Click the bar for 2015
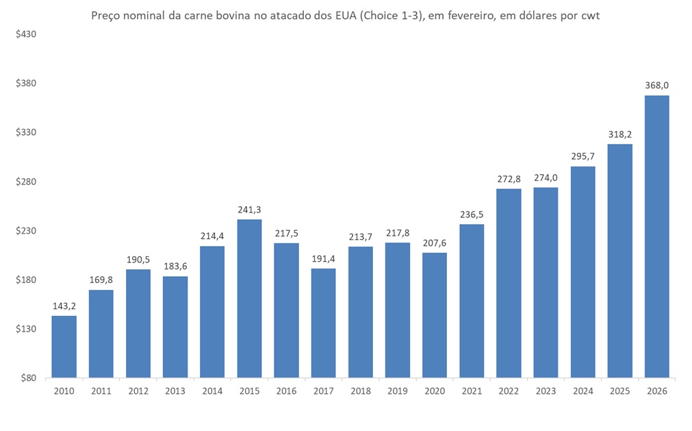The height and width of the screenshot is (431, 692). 249,298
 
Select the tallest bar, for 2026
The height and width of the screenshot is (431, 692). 656,236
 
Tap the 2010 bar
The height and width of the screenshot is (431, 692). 64,347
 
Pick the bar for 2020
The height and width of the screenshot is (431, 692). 435,315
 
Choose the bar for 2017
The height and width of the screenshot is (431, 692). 323,323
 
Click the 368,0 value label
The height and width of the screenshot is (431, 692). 656,86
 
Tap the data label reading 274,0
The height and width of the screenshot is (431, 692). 546,177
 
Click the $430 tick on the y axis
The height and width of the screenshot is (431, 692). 25,34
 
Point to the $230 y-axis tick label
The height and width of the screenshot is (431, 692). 25,231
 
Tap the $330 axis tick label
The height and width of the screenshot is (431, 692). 25,132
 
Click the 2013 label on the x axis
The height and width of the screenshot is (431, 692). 175,391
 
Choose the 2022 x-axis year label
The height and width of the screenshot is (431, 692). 509,391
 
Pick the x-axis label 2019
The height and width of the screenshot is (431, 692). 398,391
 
